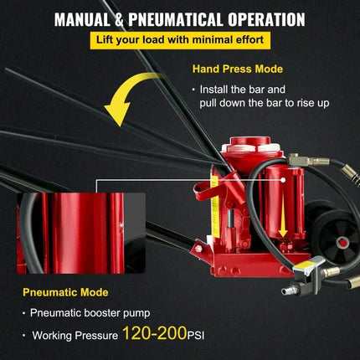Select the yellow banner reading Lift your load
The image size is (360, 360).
[180, 40]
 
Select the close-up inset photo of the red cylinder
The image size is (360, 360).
[69, 232]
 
